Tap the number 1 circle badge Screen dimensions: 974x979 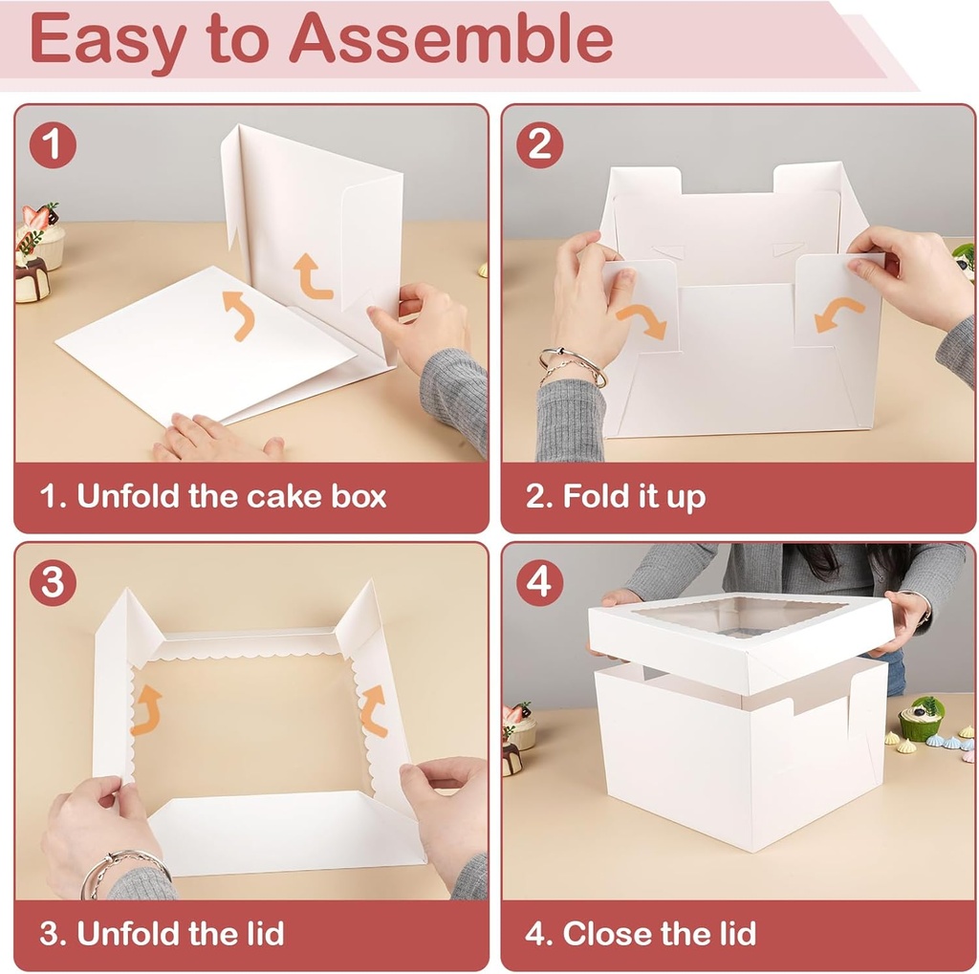pos(52,145)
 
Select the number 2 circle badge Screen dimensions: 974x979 pos(539,145)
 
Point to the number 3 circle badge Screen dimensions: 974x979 pos(52,583)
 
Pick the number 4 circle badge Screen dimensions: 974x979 pos(539,583)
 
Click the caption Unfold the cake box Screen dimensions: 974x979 pos(212,496)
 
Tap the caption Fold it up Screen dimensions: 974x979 pos(615,496)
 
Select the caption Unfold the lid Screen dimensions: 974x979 pos(162,933)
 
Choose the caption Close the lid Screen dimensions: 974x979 pos(640,933)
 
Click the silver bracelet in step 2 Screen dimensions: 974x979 pos(572,367)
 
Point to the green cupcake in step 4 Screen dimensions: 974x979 pos(921,720)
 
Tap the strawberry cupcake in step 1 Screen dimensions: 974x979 pos(41,234)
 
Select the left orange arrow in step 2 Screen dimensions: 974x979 pos(642,321)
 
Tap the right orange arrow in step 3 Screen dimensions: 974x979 pos(373,710)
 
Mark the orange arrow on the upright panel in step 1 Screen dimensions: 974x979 pos(313,276)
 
